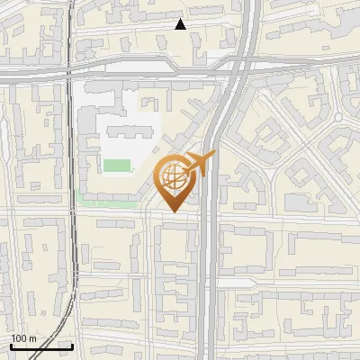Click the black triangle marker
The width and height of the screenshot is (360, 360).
click(x=181, y=24)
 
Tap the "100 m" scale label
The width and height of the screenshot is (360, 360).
click(x=23, y=338)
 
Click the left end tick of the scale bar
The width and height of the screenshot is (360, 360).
click(x=11, y=346)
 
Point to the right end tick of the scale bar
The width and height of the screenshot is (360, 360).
click(x=72, y=346)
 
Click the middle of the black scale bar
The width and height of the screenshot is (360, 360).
click(x=41, y=346)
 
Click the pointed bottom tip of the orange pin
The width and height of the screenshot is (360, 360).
click(x=173, y=212)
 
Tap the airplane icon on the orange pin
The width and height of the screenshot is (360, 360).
click(x=201, y=163)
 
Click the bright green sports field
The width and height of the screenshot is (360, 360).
click(x=116, y=166)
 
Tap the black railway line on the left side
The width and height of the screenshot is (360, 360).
click(x=71, y=180)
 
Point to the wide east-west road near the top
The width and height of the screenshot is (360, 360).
click(x=135, y=71)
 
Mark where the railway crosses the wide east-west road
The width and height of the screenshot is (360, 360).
click(x=68, y=71)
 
